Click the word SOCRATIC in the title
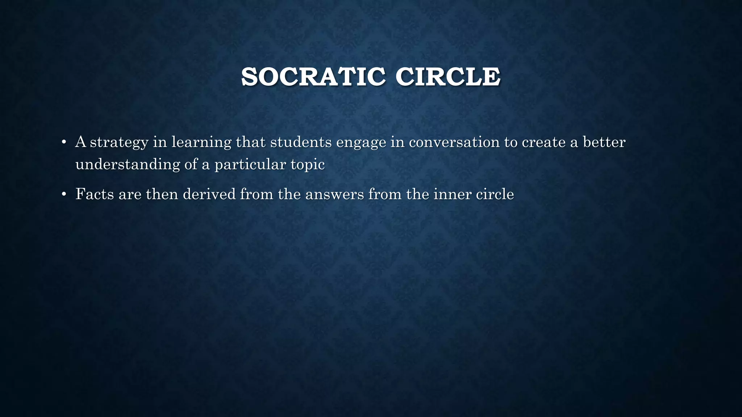[x=313, y=77]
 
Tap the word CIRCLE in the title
[x=448, y=77]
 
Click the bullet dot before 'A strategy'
[x=64, y=142]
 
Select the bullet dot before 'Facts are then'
[x=64, y=194]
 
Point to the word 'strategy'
[x=119, y=142]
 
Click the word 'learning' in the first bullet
[x=201, y=142]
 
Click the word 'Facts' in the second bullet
[x=95, y=194]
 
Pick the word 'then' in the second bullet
[x=162, y=194]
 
